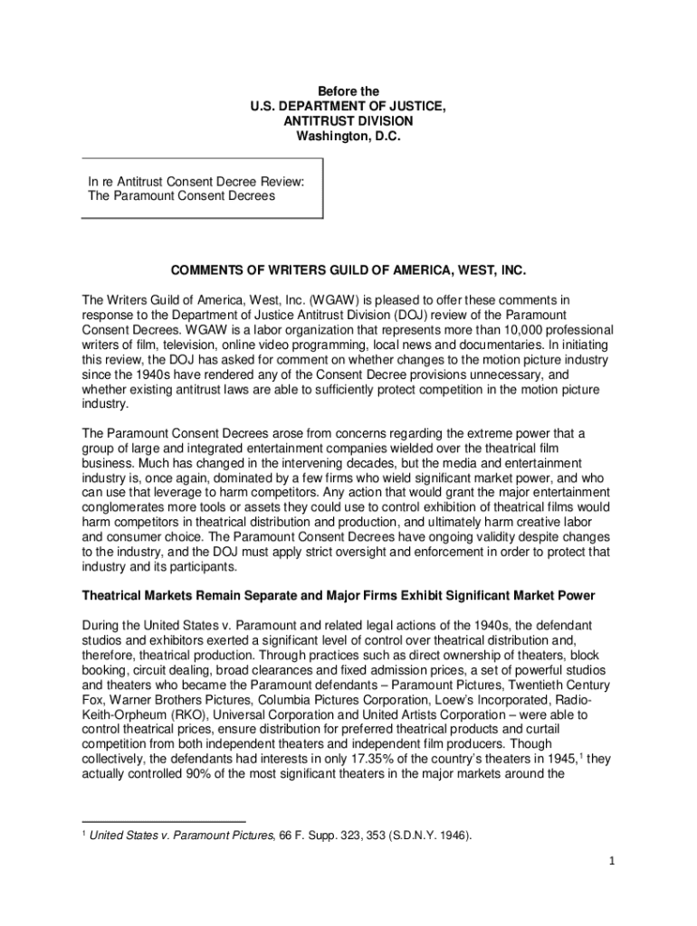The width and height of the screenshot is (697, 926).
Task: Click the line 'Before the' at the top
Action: (348, 91)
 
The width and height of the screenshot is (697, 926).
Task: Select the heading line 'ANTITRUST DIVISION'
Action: (348, 121)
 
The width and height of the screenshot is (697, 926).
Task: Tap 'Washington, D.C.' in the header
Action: (348, 137)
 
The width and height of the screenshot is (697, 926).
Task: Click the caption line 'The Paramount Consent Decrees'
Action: (181, 195)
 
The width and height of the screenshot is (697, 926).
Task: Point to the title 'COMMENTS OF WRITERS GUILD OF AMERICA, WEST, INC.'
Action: (348, 271)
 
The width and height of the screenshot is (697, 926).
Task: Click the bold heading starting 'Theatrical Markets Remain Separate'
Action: (339, 595)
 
